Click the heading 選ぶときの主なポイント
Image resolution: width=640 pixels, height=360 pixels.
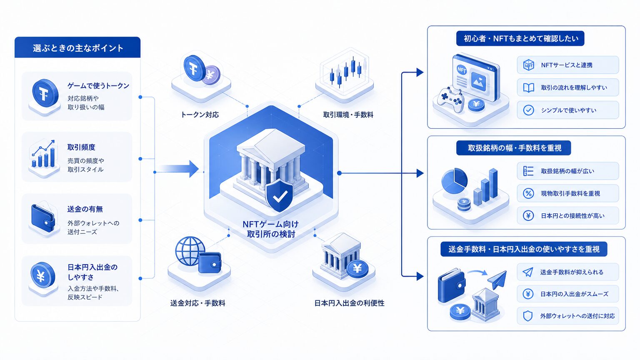78,48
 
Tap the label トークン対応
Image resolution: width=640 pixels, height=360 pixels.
200,115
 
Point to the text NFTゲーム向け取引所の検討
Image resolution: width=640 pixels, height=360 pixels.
271,229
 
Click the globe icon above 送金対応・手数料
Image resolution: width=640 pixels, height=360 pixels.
190,251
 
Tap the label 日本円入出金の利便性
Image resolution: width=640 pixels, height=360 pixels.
349,303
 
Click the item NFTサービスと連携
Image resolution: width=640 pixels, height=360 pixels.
568,65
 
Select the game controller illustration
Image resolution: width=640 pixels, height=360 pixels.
450,100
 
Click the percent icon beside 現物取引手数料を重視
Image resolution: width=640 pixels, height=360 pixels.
528,193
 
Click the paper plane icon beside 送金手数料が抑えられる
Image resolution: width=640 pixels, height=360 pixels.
528,272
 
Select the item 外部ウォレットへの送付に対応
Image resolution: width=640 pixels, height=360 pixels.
568,316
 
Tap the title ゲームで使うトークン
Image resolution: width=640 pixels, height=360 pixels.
98,86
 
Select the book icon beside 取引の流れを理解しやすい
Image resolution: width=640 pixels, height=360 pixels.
529,88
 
